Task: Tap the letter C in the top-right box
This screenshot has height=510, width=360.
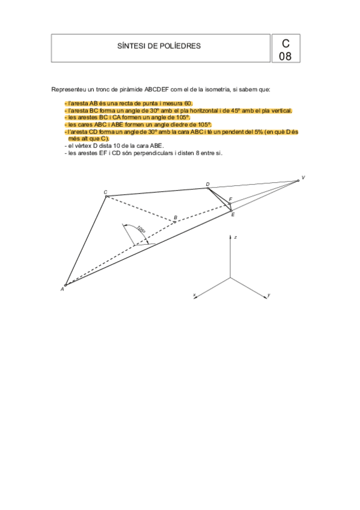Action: pyautogui.click(x=285, y=43)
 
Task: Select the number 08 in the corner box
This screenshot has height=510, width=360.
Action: pyautogui.click(x=285, y=56)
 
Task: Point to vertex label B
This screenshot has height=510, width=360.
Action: pyautogui.click(x=175, y=217)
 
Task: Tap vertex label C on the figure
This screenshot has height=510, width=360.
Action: pyautogui.click(x=105, y=192)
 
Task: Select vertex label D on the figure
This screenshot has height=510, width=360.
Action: pyautogui.click(x=207, y=184)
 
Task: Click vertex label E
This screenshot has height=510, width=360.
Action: pyautogui.click(x=233, y=214)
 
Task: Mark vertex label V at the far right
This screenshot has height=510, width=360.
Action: pyautogui.click(x=303, y=177)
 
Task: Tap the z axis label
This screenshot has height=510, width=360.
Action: pyautogui.click(x=235, y=238)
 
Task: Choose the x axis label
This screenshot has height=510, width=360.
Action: pyautogui.click(x=194, y=295)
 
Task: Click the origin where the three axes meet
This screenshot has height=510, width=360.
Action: pyautogui.click(x=230, y=277)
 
